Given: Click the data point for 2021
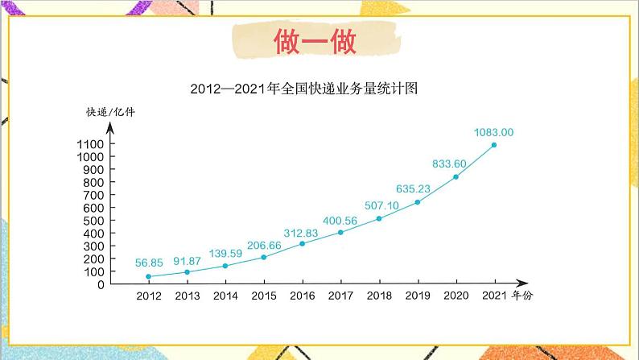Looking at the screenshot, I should [494, 145].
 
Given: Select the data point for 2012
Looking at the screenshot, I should [148, 276].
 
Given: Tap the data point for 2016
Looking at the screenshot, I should [302, 243].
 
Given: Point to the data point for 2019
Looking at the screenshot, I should [417, 202].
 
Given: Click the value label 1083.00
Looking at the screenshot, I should [494, 132].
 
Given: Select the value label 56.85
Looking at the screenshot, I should [149, 262].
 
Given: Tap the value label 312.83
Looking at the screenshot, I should [302, 230].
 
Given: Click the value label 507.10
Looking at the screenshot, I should [378, 205].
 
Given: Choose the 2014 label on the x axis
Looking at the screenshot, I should [225, 296].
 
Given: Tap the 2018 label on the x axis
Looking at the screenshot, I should [379, 296].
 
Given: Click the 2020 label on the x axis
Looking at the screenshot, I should [456, 296].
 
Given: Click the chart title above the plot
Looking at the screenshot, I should [307, 88].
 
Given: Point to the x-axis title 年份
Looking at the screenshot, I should [522, 296].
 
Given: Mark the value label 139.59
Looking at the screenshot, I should [225, 252].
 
